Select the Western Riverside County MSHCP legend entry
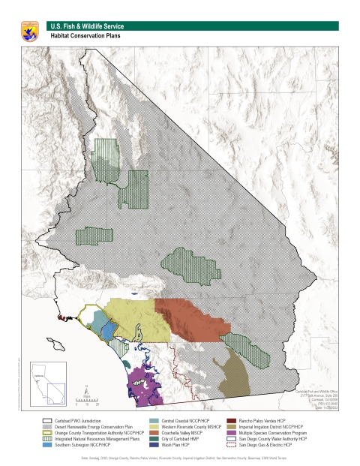184,426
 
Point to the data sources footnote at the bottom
180,456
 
